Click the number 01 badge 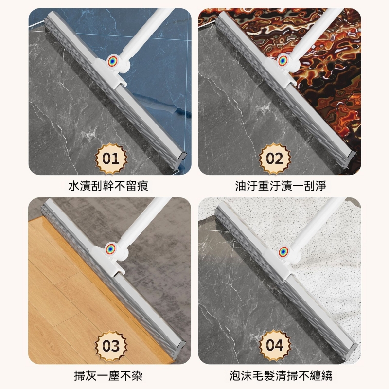point(111,159)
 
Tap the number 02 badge point(275,159)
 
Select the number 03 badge point(111,345)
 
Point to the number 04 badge point(275,345)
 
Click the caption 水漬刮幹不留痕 point(108,186)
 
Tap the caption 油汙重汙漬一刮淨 point(281,186)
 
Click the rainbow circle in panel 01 point(113,61)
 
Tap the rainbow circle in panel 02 point(283,61)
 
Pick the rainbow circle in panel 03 point(111,249)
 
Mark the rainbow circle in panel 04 point(283,251)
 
